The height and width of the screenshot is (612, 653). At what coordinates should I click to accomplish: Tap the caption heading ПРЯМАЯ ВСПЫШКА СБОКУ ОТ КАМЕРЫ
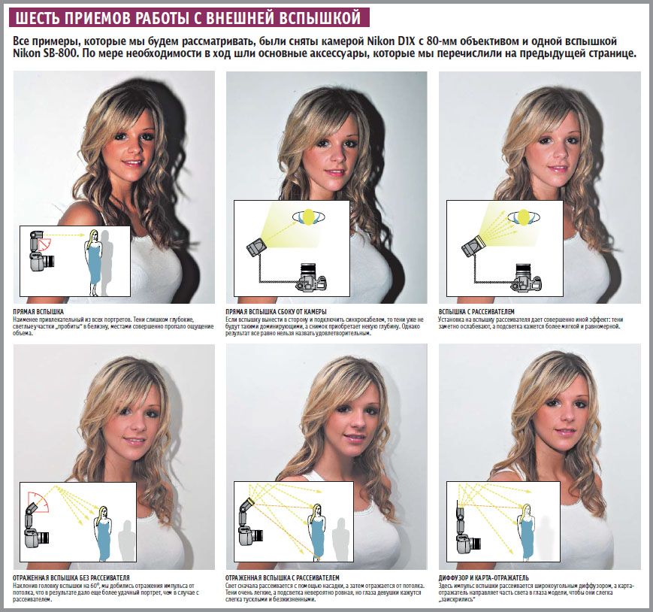276,311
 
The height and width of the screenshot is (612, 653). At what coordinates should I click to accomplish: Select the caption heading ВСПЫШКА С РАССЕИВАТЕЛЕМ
476,311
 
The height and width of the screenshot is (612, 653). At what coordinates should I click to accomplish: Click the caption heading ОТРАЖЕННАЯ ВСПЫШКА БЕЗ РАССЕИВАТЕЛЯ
71,578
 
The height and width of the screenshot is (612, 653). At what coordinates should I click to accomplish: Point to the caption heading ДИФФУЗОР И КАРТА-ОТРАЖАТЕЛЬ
483,578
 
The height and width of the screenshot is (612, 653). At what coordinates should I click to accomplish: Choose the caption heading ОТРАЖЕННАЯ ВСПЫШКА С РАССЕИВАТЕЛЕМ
283,578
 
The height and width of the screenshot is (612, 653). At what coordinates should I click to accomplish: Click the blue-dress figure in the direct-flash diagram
93,262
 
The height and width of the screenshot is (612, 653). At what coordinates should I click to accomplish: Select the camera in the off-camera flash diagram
312,277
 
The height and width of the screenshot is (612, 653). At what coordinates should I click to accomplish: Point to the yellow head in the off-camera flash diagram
308,217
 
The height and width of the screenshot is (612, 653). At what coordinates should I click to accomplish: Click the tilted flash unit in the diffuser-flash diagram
472,246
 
